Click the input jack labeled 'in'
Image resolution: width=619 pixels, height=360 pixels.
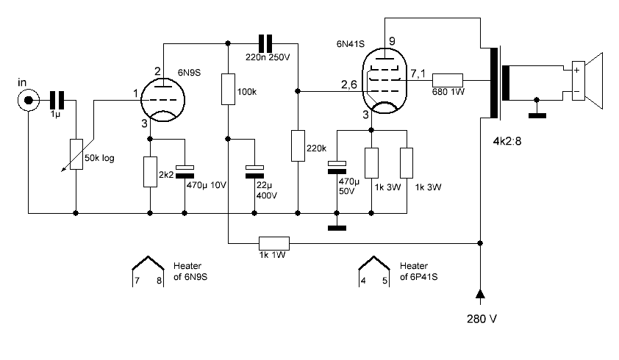[x=29, y=99]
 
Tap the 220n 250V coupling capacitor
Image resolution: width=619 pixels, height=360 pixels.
[x=265, y=43]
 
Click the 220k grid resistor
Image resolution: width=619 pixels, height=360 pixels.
[x=297, y=145]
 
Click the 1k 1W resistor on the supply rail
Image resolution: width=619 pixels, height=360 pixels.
[x=275, y=242]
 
